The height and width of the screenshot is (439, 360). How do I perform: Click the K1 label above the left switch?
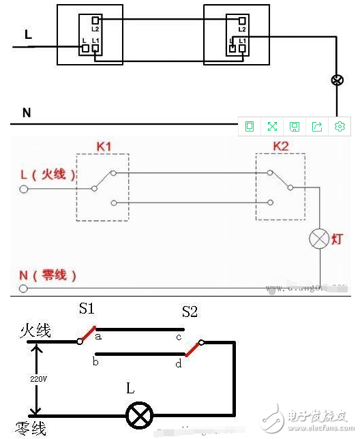[103, 146]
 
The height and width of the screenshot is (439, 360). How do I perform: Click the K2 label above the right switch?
[281, 146]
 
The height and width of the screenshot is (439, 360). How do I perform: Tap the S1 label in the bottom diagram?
[87, 309]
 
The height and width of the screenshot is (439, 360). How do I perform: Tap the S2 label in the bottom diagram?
[190, 312]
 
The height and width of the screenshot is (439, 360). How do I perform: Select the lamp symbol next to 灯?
[319, 239]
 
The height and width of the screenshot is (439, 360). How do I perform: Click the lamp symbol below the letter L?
[141, 414]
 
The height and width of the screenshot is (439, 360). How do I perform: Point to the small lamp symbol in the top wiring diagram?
[336, 80]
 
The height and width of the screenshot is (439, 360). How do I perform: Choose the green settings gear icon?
[340, 126]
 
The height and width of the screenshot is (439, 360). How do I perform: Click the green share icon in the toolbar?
[317, 126]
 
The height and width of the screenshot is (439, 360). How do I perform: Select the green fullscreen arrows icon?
[272, 126]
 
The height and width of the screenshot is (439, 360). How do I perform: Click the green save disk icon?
[295, 126]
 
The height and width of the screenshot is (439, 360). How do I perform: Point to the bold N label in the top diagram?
[27, 112]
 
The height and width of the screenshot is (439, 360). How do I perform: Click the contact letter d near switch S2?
[179, 363]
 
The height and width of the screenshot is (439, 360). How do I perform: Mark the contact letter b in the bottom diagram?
[95, 361]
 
